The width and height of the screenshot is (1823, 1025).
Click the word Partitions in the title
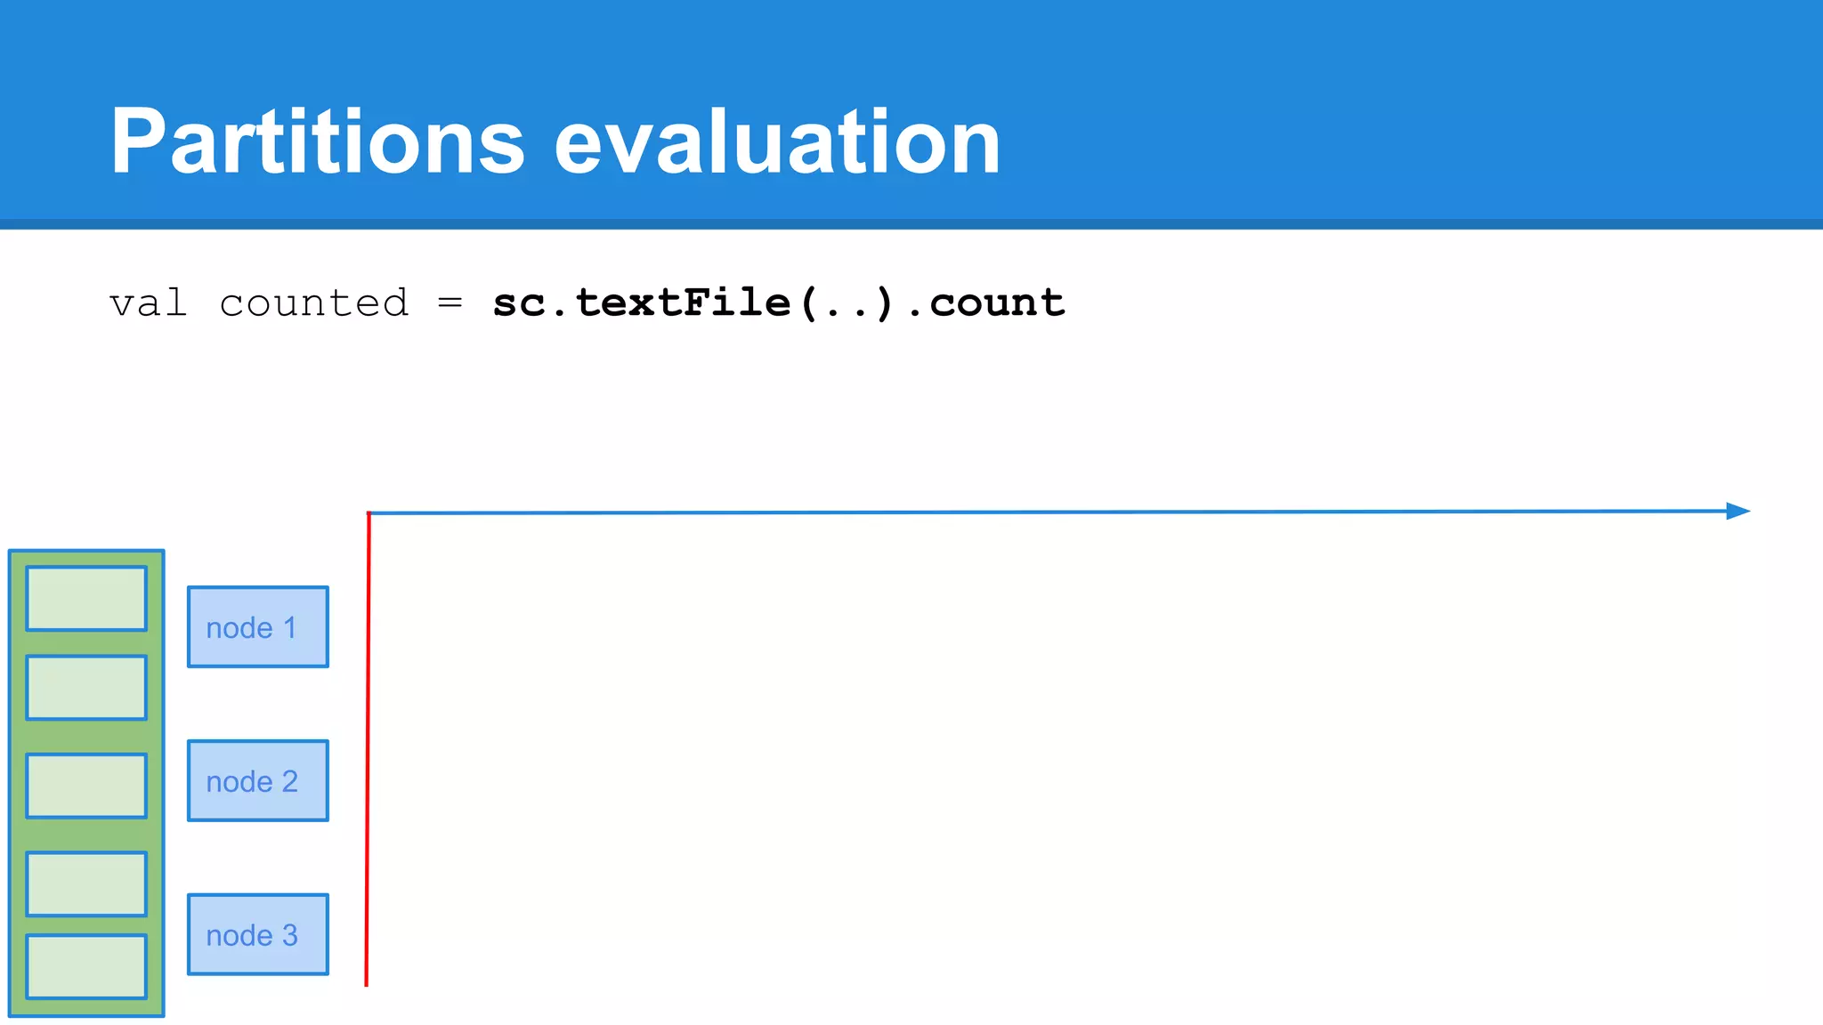pyautogui.click(x=318, y=142)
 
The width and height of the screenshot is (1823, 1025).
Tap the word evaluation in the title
pyautogui.click(x=777, y=142)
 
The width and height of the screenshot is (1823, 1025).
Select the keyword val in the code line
pyautogui.click(x=148, y=303)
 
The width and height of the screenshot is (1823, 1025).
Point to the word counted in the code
pyautogui.click(x=313, y=303)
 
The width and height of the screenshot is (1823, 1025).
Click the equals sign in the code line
pyautogui.click(x=450, y=303)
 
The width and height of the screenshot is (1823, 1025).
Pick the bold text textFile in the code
pyautogui.click(x=683, y=303)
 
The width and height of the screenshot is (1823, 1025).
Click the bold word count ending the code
pyautogui.click(x=997, y=303)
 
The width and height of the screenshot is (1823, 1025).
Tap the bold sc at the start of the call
pyautogui.click(x=519, y=303)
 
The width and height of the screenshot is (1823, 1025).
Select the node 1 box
pyautogui.click(x=257, y=627)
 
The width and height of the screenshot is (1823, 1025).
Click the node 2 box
pyautogui.click(x=257, y=780)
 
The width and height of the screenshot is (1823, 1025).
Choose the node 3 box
pyautogui.click(x=257, y=934)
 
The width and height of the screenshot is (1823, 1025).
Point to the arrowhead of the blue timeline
pyautogui.click(x=1738, y=511)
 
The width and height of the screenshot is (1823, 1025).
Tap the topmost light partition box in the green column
pyautogui.click(x=86, y=599)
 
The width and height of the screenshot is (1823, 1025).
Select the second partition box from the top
pyautogui.click(x=86, y=688)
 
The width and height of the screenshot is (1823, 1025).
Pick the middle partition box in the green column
pyautogui.click(x=86, y=786)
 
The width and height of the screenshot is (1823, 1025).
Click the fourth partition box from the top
pyautogui.click(x=86, y=884)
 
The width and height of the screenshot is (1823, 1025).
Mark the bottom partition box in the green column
pyautogui.click(x=86, y=966)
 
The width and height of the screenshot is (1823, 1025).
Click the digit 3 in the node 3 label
pyautogui.click(x=289, y=935)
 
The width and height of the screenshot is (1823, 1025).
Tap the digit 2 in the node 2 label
pyautogui.click(x=289, y=781)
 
